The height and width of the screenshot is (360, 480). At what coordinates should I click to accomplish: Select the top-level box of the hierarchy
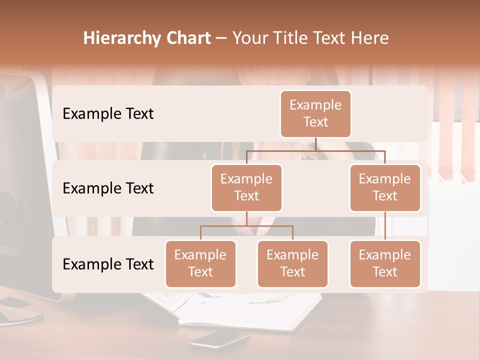click(x=315, y=114)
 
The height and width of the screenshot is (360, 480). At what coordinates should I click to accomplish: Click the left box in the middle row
click(x=246, y=188)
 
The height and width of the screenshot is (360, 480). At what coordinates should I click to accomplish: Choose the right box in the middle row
click(x=385, y=188)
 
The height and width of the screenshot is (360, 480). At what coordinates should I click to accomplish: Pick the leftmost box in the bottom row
click(x=200, y=264)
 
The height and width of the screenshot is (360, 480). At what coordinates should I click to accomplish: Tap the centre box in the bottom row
click(x=292, y=264)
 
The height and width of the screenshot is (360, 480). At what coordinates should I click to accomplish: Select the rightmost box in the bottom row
click(x=385, y=264)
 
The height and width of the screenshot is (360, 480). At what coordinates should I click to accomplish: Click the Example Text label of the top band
click(x=108, y=114)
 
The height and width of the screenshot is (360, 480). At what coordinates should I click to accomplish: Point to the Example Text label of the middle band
click(x=108, y=188)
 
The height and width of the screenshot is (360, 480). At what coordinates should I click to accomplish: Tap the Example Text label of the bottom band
click(x=108, y=264)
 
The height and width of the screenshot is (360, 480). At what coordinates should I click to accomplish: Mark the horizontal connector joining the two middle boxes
click(x=315, y=150)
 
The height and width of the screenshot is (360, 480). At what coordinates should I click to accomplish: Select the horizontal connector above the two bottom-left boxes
click(x=246, y=226)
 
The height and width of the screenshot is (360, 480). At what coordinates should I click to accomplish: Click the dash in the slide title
click(x=221, y=39)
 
